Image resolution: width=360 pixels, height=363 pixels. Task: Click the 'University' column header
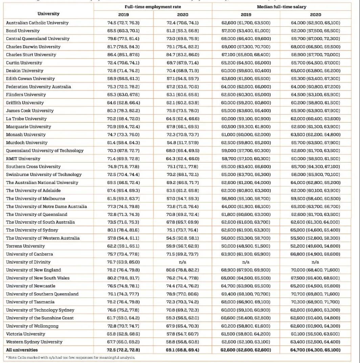click(x=48, y=14)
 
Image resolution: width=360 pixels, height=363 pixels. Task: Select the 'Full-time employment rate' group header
click(x=153, y=7)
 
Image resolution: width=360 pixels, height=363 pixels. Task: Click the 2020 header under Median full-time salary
click(x=315, y=15)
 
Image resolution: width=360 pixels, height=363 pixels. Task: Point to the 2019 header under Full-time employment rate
click(x=123, y=15)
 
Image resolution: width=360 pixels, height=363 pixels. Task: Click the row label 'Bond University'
click(x=23, y=31)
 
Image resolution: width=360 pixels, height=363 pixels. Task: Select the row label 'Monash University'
click(x=26, y=134)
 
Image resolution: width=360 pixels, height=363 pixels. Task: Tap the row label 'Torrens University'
click(x=25, y=246)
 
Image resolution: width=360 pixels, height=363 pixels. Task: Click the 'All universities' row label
click(x=22, y=350)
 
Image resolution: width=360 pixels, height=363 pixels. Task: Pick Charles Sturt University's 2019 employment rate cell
click(x=123, y=55)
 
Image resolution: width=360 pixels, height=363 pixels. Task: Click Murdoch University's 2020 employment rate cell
click(x=183, y=143)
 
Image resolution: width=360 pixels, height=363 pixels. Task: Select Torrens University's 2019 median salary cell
click(x=246, y=246)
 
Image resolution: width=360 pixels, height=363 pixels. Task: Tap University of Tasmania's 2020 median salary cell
click(x=315, y=302)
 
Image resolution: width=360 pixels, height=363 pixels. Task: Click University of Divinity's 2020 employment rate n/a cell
click(x=183, y=262)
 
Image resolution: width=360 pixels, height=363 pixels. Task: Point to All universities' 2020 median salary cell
click(x=315, y=350)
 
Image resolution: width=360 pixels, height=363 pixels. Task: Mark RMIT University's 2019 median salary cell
click(x=246, y=158)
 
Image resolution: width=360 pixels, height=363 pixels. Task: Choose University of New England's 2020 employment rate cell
click(x=183, y=270)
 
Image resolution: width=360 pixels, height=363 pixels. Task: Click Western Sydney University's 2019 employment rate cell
click(x=123, y=342)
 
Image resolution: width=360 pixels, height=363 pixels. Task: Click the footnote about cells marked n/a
click(x=70, y=358)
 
